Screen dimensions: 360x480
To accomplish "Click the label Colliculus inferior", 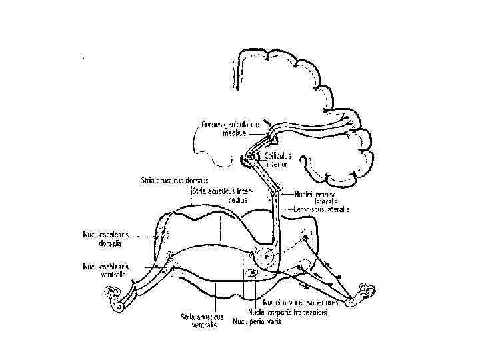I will coord(278,159).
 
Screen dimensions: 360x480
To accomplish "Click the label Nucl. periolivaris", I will coord(257,321).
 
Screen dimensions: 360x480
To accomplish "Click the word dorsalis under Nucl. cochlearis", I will coord(100,243).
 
